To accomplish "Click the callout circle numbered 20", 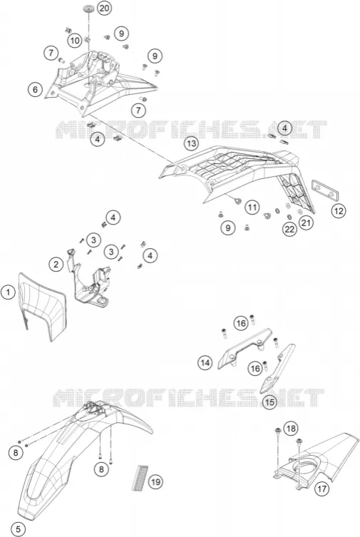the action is [x=104, y=8].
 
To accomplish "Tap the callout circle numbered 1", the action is [x=9, y=293].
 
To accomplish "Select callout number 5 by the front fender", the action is [x=18, y=529].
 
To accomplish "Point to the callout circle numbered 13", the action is [x=191, y=143].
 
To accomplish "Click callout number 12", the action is [x=339, y=211].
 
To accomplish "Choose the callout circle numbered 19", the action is [x=155, y=482].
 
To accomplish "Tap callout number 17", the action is [x=322, y=489].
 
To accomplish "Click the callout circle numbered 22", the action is [x=289, y=229].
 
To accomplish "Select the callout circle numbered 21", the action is [x=306, y=223].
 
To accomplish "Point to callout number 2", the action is [x=56, y=264].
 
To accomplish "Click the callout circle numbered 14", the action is [x=205, y=363].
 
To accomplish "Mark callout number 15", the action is [x=269, y=402].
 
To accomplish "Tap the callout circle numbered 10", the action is [x=75, y=41].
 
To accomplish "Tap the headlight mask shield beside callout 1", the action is [x=42, y=307].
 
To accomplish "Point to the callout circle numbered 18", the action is [x=291, y=429].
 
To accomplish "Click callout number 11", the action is [x=252, y=208].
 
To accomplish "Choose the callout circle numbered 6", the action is [x=35, y=90].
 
